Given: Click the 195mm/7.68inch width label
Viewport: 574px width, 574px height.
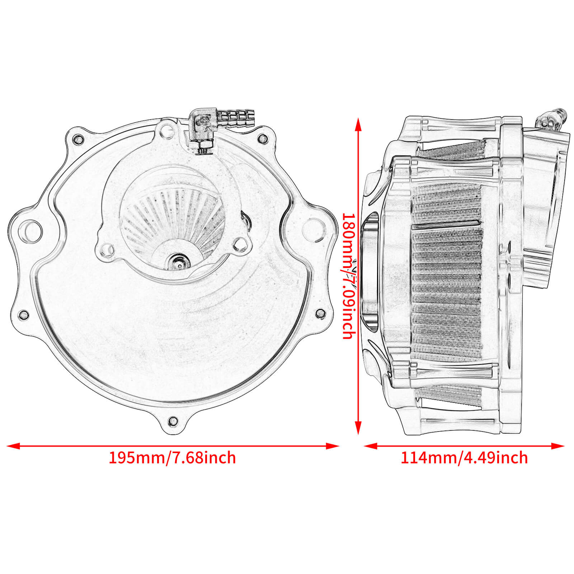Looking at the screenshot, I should [172, 458].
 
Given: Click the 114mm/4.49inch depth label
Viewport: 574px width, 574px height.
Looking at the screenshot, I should [464, 458].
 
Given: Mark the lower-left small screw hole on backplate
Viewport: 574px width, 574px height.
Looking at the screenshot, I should [24, 315].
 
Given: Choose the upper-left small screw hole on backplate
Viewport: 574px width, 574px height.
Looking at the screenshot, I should [77, 138].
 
